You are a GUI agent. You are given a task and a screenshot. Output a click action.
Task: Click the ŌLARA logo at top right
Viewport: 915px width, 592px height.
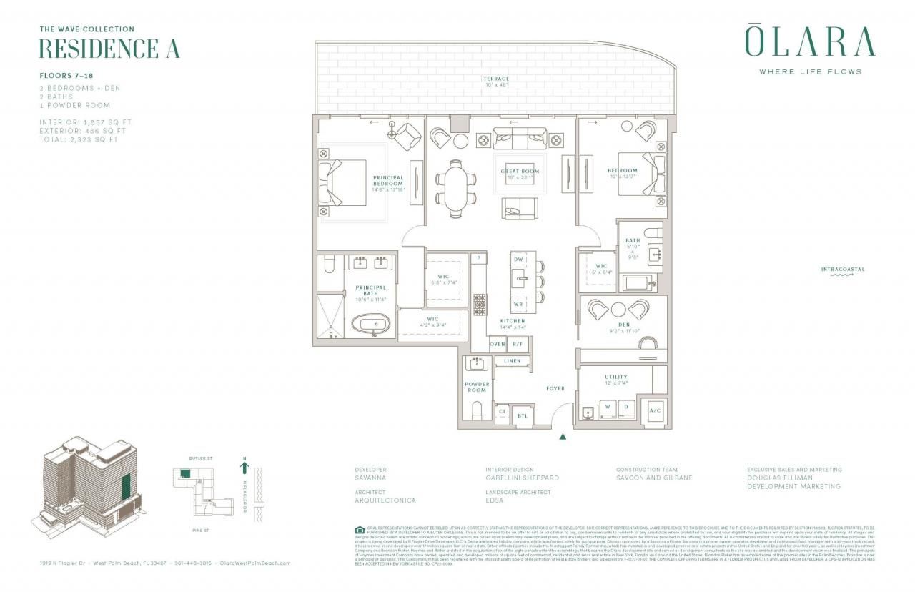[x=810, y=42]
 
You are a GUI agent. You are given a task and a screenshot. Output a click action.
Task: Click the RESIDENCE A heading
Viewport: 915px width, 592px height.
[x=109, y=49]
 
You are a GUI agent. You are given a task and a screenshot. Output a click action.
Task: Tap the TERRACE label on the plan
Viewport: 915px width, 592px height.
[x=495, y=79]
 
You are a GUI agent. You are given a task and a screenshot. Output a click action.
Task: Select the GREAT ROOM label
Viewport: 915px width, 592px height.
[x=520, y=172]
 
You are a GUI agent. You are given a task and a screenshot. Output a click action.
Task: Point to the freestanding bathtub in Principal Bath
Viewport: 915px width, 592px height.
[x=371, y=325]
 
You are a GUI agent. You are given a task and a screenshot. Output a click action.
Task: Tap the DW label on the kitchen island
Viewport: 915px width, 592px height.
[x=519, y=260]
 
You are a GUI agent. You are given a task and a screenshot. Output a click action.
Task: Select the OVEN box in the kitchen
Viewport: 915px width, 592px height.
[x=498, y=344]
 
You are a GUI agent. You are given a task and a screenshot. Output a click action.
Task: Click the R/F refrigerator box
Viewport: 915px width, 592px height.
[x=519, y=344]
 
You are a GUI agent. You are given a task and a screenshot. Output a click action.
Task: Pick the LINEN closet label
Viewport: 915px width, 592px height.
[x=512, y=362]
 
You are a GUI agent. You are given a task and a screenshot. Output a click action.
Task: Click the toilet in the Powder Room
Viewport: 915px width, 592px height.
[x=477, y=412]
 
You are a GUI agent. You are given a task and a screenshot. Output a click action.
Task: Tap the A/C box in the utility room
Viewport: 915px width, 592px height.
[x=655, y=410]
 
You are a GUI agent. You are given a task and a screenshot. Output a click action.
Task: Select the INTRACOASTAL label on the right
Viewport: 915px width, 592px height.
[x=843, y=270]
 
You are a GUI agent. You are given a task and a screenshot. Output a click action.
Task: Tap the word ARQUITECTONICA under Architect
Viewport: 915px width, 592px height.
[x=385, y=500]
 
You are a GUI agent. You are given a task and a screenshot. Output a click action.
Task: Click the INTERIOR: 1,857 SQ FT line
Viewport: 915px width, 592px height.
[x=86, y=122]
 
